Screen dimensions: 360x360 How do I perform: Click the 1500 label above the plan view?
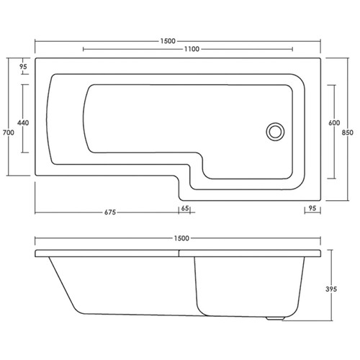click(168, 41)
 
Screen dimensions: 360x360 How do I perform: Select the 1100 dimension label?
click(192, 49)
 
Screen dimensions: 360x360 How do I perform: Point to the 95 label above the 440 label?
click(23, 66)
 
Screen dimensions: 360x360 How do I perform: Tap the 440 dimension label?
click(23, 122)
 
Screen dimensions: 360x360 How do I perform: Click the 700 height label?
click(9, 132)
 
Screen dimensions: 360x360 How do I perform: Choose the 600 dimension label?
click(334, 122)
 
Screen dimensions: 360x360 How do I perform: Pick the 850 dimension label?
click(347, 132)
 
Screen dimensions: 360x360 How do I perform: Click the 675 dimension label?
click(110, 212)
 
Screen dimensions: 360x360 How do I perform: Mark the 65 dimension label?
click(185, 208)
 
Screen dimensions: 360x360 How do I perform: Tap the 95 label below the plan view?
click(312, 208)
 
